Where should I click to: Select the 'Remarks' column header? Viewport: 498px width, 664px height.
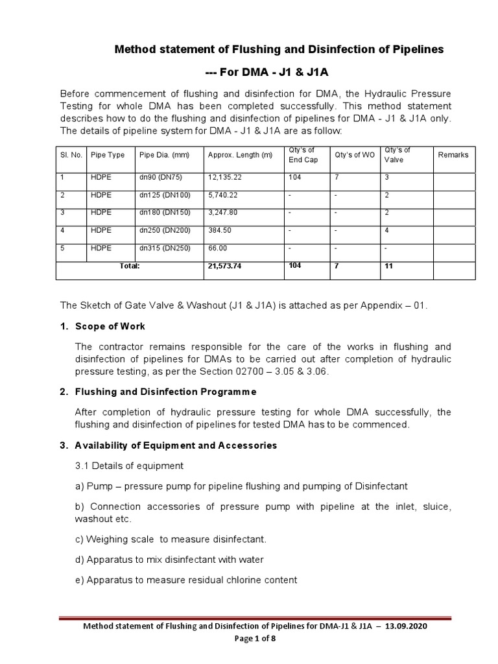[453, 156]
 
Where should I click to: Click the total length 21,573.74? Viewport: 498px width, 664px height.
[225, 266]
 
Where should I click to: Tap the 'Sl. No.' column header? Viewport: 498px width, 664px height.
[69, 156]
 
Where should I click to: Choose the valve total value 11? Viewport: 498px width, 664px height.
[389, 266]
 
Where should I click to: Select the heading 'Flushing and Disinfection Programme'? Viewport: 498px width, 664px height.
[165, 392]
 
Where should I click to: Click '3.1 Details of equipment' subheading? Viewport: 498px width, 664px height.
[129, 466]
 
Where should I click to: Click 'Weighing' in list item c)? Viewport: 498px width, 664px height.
[106, 539]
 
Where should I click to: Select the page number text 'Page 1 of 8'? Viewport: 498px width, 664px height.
[249, 639]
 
